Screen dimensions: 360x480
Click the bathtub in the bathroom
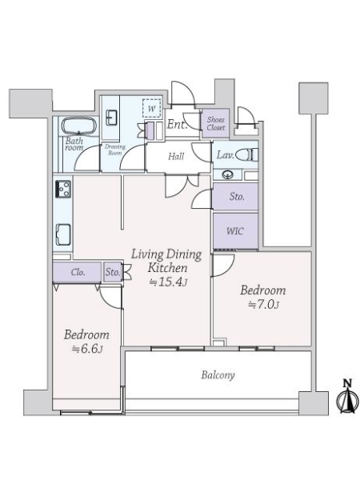79,126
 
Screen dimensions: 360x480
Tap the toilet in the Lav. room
247,155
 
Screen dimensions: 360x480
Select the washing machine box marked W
151,108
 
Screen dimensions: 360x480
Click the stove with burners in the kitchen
63,189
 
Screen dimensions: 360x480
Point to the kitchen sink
63,234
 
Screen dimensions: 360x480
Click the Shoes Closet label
215,123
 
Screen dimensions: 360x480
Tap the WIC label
234,231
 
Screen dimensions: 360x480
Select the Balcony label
218,375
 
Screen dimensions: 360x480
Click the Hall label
176,157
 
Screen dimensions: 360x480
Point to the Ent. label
178,124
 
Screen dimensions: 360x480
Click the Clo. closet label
78,272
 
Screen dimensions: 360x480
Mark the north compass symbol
347,396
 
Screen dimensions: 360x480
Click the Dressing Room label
115,150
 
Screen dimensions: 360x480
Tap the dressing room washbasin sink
111,118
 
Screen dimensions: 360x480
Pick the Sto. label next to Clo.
113,272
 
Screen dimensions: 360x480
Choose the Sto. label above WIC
237,197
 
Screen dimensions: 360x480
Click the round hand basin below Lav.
228,174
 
